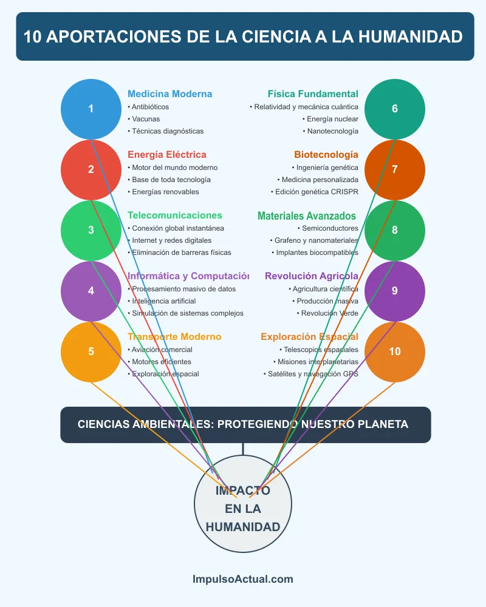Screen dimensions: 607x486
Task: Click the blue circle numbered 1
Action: [91, 109]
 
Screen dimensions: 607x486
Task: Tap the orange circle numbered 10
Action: [395, 352]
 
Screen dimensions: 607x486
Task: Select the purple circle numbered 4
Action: [91, 291]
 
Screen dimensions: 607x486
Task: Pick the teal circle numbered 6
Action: [395, 109]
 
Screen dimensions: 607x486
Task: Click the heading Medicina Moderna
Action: [170, 94]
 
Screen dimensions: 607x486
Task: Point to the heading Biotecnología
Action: [326, 155]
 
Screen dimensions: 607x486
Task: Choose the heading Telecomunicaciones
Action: [175, 215]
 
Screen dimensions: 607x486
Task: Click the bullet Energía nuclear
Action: [332, 119]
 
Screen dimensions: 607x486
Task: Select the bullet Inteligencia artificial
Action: [163, 301]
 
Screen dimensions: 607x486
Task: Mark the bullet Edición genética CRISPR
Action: [315, 192]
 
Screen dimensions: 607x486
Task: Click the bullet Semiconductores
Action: [330, 228]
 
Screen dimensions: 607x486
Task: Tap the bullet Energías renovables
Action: [165, 192]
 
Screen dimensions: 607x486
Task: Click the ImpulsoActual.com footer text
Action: [243, 579]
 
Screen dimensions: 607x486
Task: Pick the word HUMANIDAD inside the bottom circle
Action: [243, 527]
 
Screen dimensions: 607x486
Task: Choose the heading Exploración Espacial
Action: [309, 337]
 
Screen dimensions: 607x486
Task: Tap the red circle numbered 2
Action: [91, 170]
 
